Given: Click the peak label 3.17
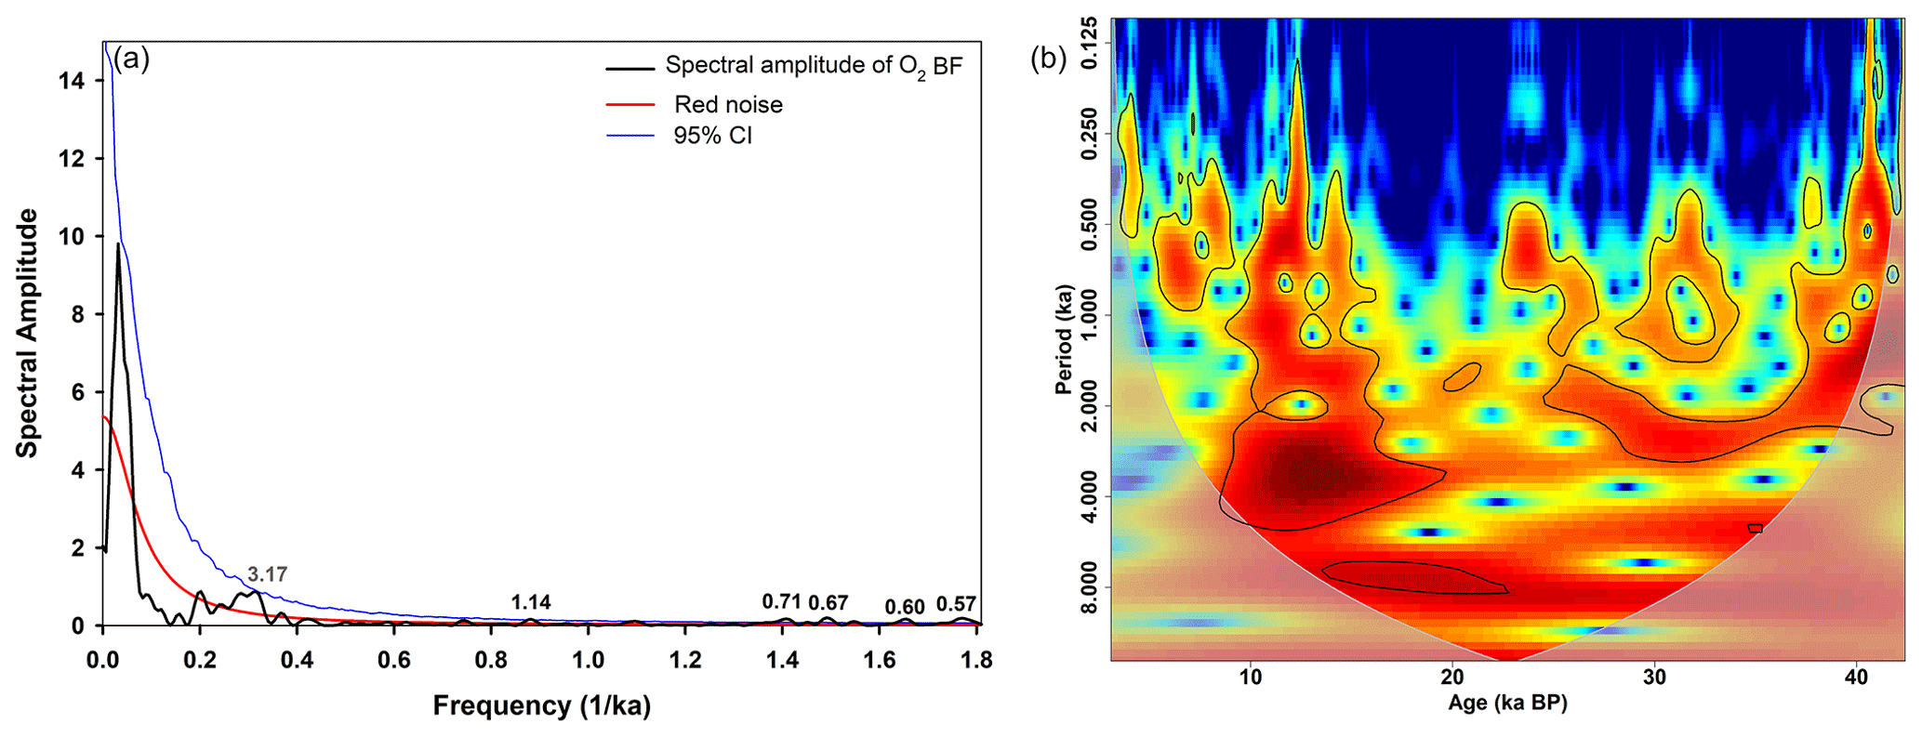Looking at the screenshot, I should (267, 574).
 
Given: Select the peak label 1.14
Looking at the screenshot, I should (531, 602).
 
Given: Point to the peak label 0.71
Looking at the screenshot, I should (781, 601).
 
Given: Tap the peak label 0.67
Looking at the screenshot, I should (828, 603).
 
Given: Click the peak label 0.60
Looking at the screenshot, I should (905, 607).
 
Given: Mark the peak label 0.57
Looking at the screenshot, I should (956, 604).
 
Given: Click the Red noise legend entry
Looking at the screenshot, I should (728, 104).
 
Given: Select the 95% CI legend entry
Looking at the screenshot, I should (712, 136).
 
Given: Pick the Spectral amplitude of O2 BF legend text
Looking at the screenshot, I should (814, 66).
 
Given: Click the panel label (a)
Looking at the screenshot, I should (131, 59).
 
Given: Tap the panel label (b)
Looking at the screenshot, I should (1048, 59).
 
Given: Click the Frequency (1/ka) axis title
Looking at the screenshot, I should (541, 706).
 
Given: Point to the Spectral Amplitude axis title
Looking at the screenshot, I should (28, 333).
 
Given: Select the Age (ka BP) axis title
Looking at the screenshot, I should (1507, 704).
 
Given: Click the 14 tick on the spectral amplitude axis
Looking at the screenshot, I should (71, 81).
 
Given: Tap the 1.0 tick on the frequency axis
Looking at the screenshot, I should (588, 660).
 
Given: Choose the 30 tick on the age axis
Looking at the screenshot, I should (1654, 678).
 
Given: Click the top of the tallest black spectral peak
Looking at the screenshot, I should (118, 244).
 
